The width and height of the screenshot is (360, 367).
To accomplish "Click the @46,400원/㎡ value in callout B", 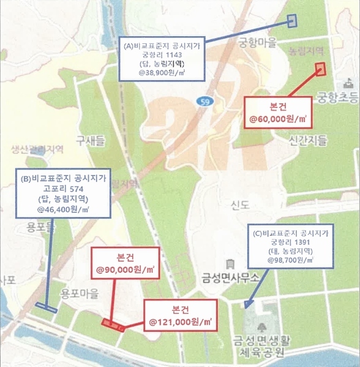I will pyautogui.click(x=62, y=210).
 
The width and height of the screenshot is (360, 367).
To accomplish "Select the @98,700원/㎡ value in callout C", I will pyautogui.click(x=290, y=260).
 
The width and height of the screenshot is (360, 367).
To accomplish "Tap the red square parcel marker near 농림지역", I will pyautogui.click(x=319, y=68).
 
